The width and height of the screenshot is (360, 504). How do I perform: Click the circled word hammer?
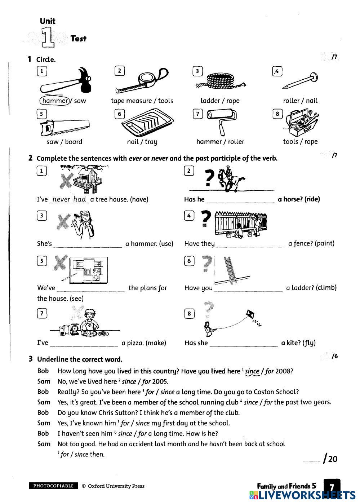[54, 101]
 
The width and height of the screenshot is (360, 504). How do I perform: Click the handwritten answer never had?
[69, 199]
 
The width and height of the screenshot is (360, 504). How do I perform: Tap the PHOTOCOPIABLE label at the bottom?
[53, 486]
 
